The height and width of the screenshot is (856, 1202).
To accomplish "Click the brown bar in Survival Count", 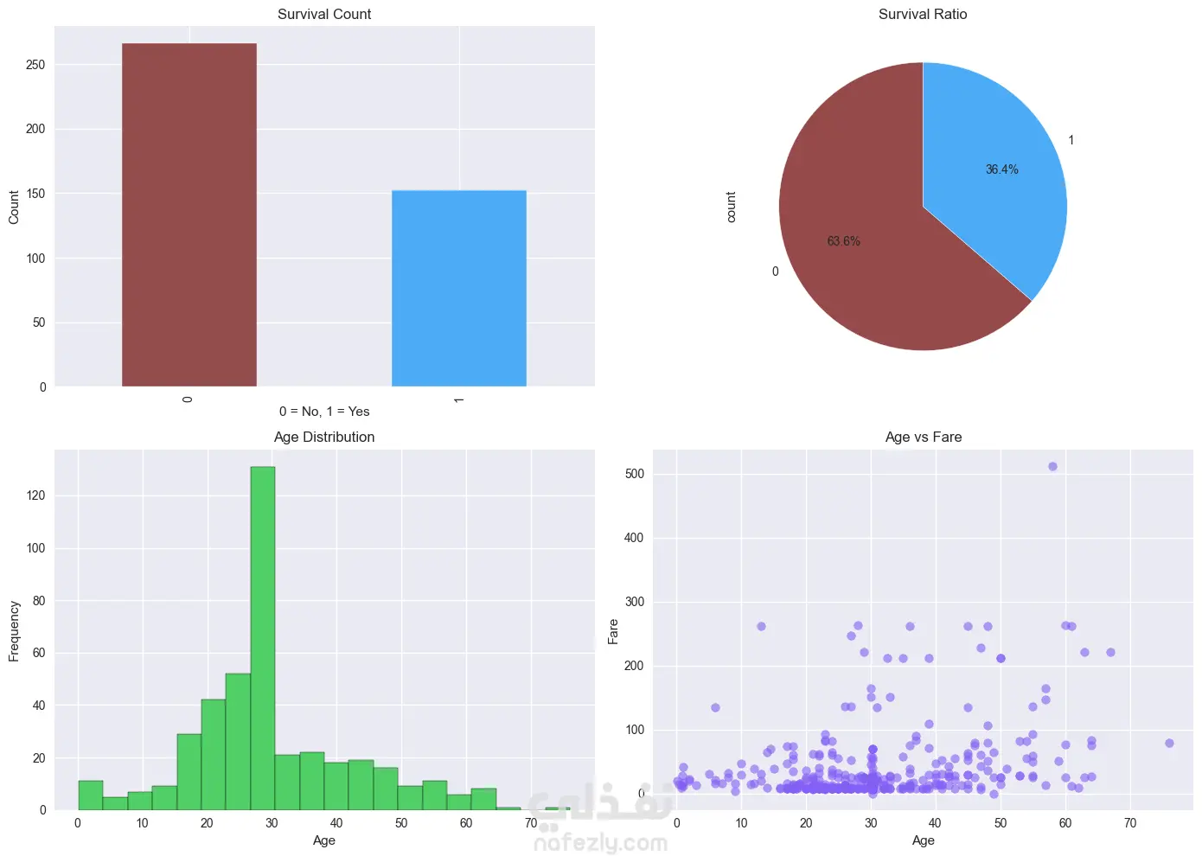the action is [189, 214].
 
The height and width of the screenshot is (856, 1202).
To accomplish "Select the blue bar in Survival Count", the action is [459, 288].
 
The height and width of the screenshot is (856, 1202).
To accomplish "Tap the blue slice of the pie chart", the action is [993, 172].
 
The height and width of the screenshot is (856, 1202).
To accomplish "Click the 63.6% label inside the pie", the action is [843, 241].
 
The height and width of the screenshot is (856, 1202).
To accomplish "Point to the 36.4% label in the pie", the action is [1002, 169].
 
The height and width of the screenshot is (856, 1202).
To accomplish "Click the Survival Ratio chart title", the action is [923, 14].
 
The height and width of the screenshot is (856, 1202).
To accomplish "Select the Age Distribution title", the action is [324, 437].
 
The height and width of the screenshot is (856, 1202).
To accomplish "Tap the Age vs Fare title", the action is [923, 437].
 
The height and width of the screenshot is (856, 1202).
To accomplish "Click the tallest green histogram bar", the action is [262, 638].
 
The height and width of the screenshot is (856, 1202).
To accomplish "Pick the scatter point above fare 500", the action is [1052, 466].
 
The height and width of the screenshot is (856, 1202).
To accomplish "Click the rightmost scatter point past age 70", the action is [1169, 743].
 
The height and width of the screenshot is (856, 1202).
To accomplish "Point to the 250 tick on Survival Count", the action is [35, 65].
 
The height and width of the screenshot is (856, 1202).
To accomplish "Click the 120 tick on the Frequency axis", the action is [35, 495].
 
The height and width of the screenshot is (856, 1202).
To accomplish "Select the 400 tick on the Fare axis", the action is [634, 538].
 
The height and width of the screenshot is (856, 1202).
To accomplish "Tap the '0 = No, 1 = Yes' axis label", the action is [324, 412].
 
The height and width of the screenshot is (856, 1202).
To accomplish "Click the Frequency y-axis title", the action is [14, 631].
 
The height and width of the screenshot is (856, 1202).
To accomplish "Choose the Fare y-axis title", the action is [613, 631].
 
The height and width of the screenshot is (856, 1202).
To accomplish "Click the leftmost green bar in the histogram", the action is [90, 795].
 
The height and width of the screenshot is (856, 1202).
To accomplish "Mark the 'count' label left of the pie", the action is [731, 207].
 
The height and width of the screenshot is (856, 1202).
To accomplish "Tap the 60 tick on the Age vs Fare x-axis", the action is [1065, 823].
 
